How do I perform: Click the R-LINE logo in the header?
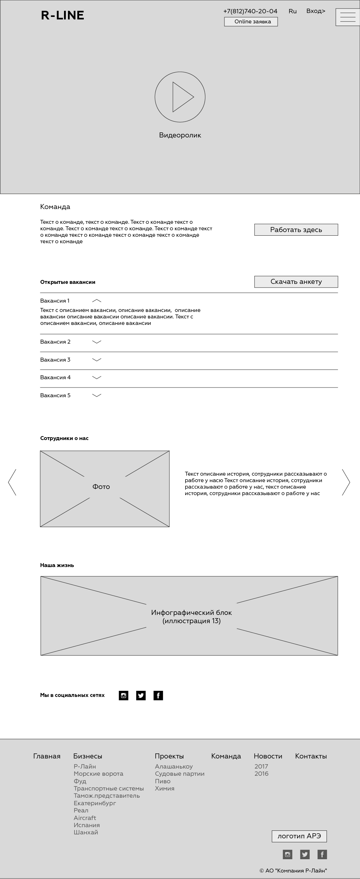tap(63, 15)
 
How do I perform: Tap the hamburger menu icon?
tap(347, 17)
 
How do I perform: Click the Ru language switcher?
tap(292, 11)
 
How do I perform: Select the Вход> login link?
tap(315, 11)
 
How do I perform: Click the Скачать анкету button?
tap(296, 282)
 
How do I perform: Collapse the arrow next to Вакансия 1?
tap(97, 301)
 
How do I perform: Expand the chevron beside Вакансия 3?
tap(97, 360)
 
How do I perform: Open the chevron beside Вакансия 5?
tap(97, 395)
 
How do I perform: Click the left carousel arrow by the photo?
tap(12, 482)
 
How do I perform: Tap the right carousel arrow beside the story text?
tap(346, 482)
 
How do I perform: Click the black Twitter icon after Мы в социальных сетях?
tap(141, 696)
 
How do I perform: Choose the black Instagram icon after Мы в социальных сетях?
tap(123, 696)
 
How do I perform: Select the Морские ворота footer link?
tap(98, 774)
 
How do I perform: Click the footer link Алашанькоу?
tap(174, 766)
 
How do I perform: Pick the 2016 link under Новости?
tap(261, 774)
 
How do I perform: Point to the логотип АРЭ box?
tap(299, 836)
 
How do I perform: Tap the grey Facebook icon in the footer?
tap(322, 854)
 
